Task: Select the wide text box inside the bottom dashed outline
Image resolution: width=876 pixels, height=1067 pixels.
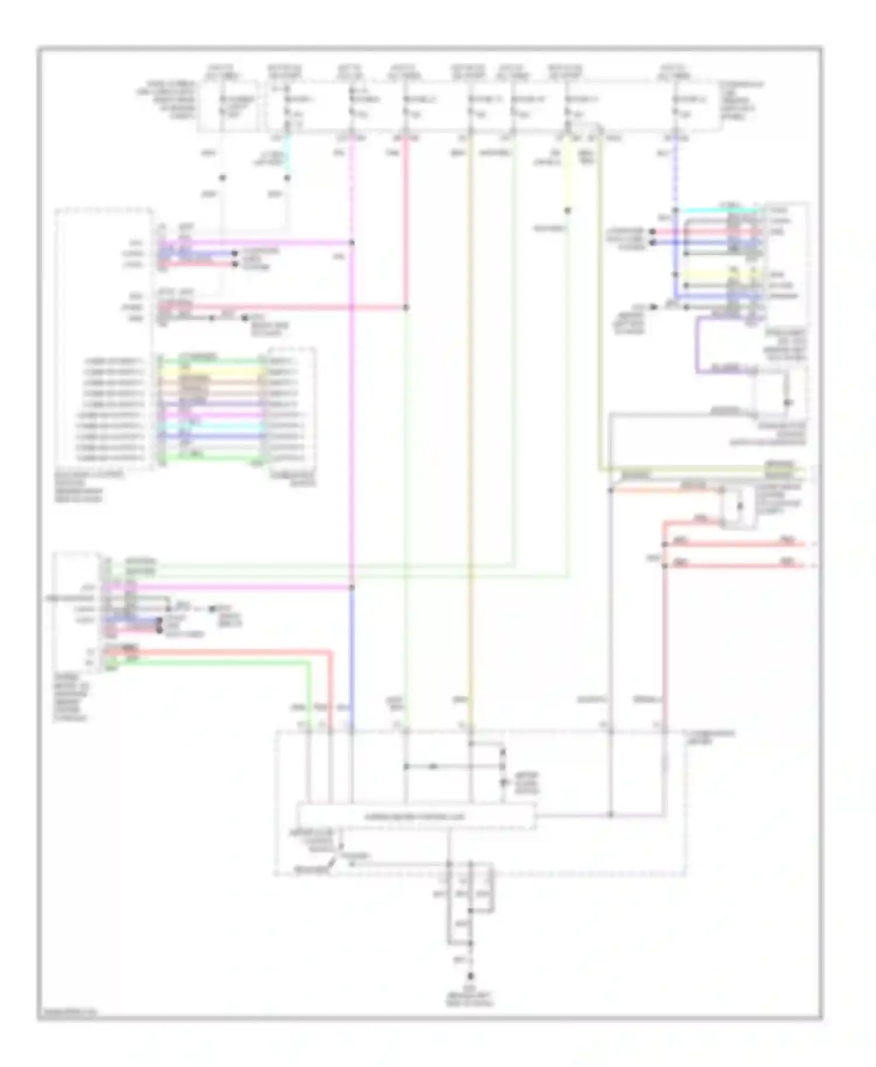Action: [416, 817]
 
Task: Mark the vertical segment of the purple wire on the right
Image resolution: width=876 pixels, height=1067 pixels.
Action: [697, 344]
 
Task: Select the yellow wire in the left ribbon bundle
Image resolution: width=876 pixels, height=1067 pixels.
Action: [210, 372]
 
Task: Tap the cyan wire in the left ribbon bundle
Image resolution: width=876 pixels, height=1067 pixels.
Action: [210, 426]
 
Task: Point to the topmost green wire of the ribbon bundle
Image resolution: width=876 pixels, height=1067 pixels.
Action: [210, 361]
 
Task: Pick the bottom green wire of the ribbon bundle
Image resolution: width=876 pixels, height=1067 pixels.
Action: [210, 458]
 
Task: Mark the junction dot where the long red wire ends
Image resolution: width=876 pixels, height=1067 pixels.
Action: [406, 307]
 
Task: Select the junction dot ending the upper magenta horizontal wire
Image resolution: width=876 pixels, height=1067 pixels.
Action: [352, 242]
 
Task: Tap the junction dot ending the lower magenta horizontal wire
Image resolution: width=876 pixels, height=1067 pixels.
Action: [352, 587]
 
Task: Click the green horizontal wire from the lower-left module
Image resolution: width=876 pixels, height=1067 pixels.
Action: [210, 662]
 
